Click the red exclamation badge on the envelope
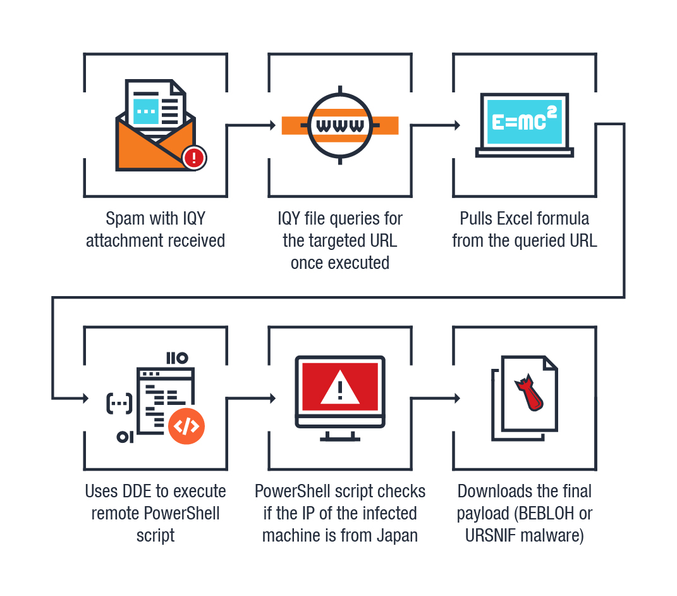click(x=195, y=158)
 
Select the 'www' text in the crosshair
click(x=340, y=125)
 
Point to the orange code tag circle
click(x=186, y=426)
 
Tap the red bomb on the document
click(x=527, y=392)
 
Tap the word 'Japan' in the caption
click(x=398, y=535)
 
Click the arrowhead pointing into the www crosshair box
click(x=272, y=125)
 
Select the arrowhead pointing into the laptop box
click(x=456, y=125)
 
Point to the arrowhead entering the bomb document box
click(x=456, y=399)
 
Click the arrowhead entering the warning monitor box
click(x=272, y=399)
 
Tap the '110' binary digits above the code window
click(x=177, y=358)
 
